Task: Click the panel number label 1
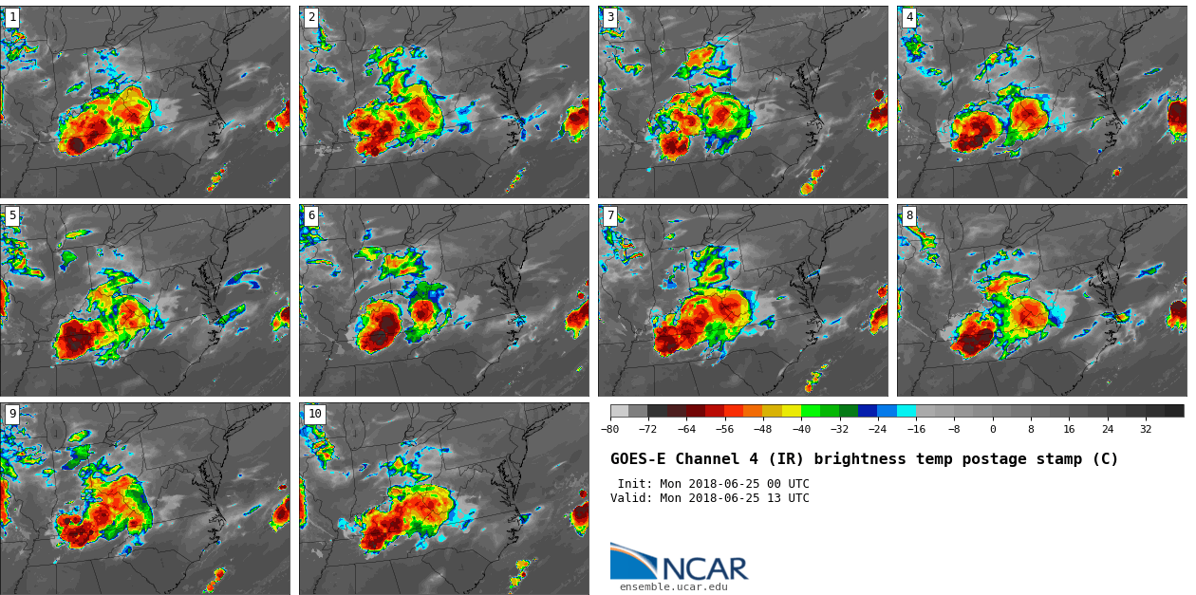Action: pyautogui.click(x=12, y=17)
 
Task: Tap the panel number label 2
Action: pyautogui.click(x=311, y=17)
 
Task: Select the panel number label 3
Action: pyautogui.click(x=610, y=17)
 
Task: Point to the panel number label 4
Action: pyautogui.click(x=909, y=17)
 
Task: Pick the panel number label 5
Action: pyautogui.click(x=12, y=215)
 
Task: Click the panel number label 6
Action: pyautogui.click(x=311, y=215)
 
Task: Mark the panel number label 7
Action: pyautogui.click(x=610, y=215)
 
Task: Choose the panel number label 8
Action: pyautogui.click(x=909, y=215)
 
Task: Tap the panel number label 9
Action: pyautogui.click(x=12, y=414)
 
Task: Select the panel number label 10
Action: pyautogui.click(x=314, y=414)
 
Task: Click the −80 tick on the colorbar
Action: pyautogui.click(x=610, y=429)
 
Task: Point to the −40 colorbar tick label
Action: pyautogui.click(x=801, y=429)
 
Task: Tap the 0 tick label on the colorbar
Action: pyautogui.click(x=993, y=429)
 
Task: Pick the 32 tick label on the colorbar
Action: pyautogui.click(x=1146, y=429)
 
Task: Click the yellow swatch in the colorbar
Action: pyautogui.click(x=791, y=411)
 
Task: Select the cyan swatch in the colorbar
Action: pyautogui.click(x=906, y=411)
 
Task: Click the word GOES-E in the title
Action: pyautogui.click(x=638, y=459)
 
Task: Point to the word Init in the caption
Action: pyautogui.click(x=633, y=484)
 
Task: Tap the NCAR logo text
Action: pyautogui.click(x=704, y=568)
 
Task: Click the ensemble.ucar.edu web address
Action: pyautogui.click(x=673, y=587)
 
